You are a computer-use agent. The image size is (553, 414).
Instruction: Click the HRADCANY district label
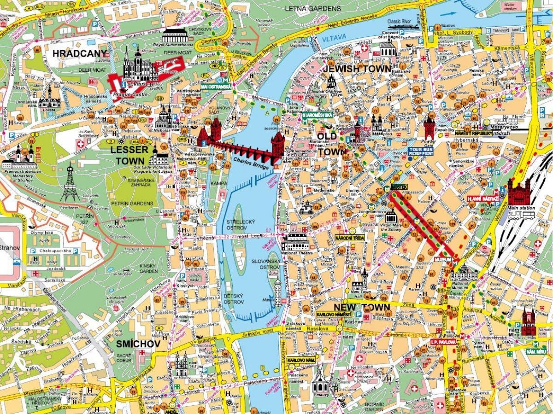click(80, 53)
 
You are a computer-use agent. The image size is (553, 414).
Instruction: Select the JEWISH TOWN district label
click(357, 69)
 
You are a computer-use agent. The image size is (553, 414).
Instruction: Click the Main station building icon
click(519, 193)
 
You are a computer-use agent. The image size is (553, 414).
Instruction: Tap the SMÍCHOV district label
click(131, 344)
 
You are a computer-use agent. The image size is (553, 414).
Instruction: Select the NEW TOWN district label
click(362, 307)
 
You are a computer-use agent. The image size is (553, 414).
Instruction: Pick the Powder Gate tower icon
click(429, 128)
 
